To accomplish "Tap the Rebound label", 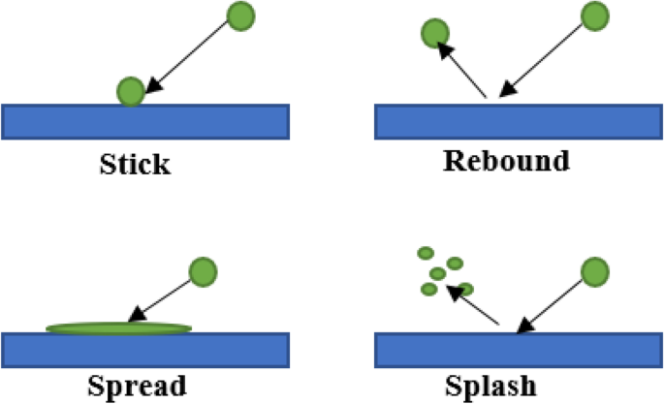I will point(506,161).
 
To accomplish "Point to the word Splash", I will point(493,385).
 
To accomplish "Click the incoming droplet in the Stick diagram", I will point(241,15).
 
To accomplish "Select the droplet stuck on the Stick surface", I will point(131,91).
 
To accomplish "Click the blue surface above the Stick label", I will point(145,120).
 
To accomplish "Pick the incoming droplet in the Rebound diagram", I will point(594,16).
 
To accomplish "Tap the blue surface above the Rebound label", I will point(518,120).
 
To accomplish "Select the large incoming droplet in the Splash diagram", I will point(594,271).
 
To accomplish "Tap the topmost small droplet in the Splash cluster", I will point(425,253).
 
